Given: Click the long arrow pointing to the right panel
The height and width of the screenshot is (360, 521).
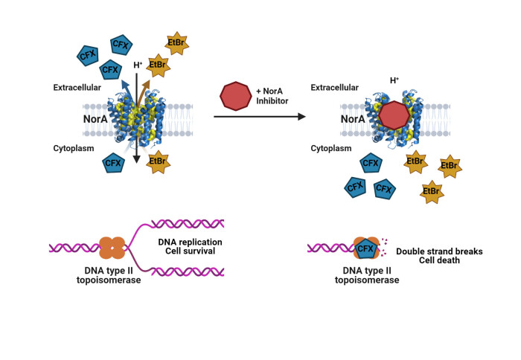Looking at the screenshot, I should click(260, 117).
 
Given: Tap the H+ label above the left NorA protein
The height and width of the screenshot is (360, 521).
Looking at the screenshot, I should click(138, 65).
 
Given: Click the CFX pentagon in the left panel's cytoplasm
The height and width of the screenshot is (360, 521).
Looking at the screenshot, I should click(113, 162).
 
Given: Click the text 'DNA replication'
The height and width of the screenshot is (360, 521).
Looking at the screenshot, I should click(191, 242).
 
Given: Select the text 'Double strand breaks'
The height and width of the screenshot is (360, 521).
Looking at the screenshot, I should click(439, 251).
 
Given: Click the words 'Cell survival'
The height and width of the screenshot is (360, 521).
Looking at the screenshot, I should click(191, 252).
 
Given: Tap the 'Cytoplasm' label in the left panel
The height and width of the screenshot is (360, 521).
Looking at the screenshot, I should click(74, 149).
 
